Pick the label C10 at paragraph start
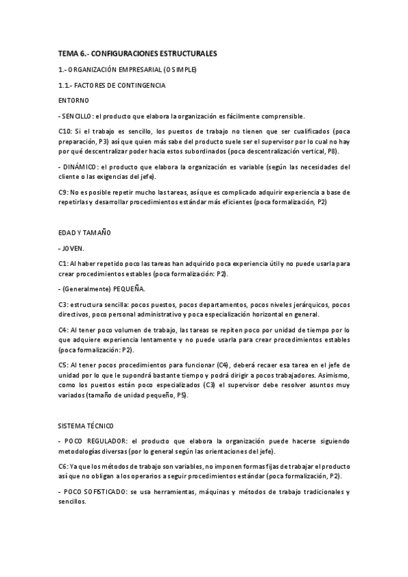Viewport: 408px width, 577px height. [65, 131]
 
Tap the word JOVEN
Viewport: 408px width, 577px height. [74, 248]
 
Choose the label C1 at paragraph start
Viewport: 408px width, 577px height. [63, 263]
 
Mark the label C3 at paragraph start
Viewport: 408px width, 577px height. [63, 304]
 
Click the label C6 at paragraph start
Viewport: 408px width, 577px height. [63, 466]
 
